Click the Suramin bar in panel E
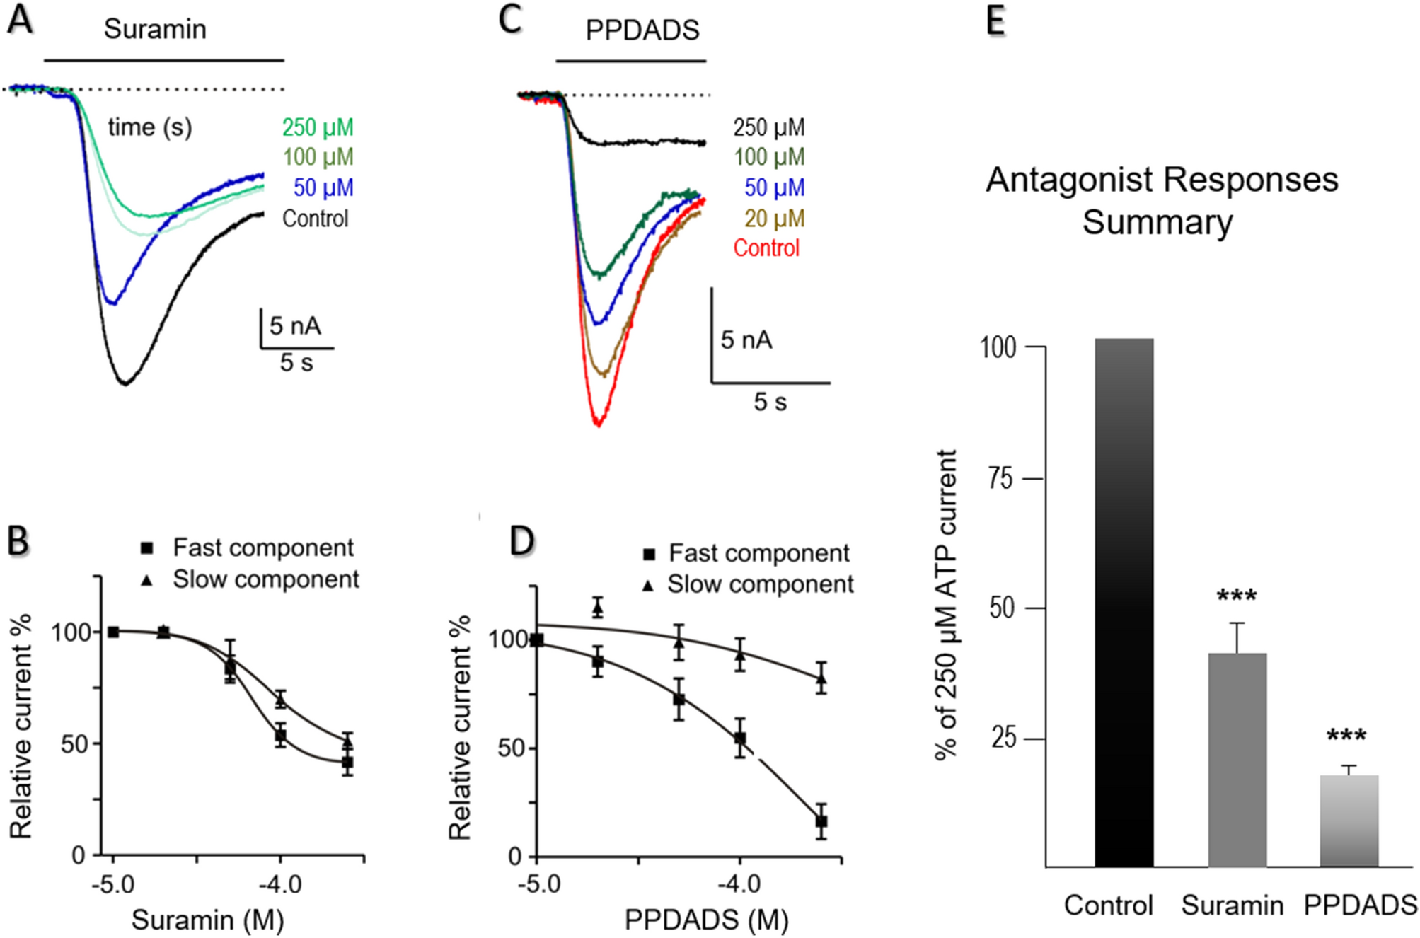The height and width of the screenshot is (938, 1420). [1237, 760]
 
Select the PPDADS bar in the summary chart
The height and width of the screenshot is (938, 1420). [1349, 821]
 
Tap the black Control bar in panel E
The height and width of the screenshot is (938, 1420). [1124, 601]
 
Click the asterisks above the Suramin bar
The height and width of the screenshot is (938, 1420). [1237, 596]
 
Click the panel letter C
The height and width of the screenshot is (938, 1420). [509, 20]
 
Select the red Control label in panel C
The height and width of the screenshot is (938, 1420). [766, 248]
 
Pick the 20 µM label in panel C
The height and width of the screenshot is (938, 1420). [774, 219]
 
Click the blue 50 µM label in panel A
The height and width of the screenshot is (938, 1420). [323, 188]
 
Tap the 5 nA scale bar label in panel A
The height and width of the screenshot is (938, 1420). [295, 326]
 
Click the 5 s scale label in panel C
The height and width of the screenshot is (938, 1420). [770, 403]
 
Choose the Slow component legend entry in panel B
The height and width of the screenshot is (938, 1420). [265, 579]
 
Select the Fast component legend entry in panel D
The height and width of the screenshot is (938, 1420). [758, 553]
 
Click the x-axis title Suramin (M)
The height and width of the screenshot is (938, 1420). [207, 920]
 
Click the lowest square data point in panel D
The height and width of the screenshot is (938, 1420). [821, 822]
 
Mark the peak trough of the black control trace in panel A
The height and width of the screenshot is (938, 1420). [125, 383]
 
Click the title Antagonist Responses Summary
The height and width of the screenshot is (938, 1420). [1161, 200]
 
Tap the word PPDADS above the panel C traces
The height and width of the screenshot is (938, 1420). [642, 30]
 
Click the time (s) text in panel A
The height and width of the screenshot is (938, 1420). [149, 127]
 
